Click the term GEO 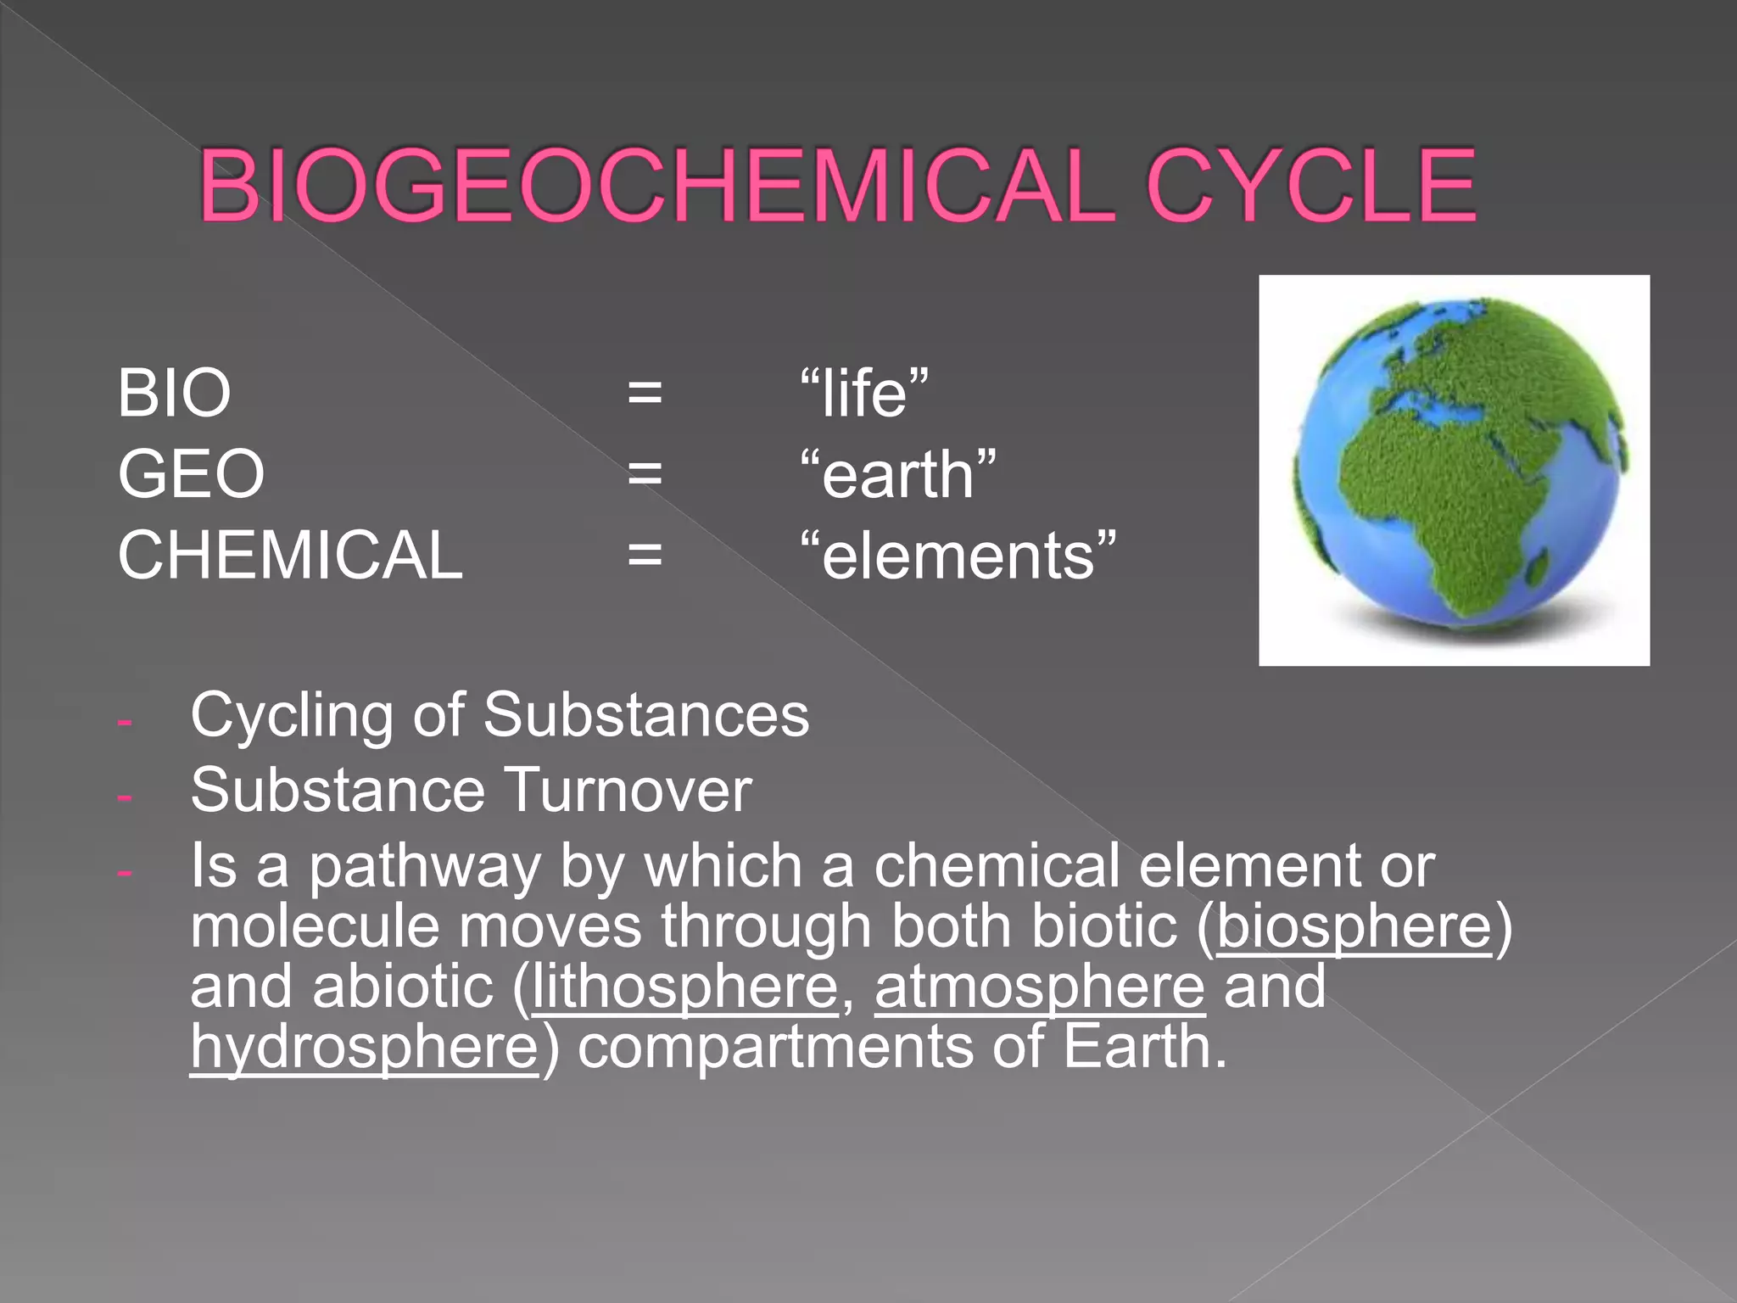click(191, 473)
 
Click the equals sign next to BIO click(645, 393)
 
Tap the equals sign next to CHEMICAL click(645, 555)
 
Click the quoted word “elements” click(958, 555)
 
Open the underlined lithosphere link click(685, 987)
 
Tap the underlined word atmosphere click(1039, 987)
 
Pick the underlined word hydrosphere click(364, 1047)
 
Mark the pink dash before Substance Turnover click(125, 797)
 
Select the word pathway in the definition click(424, 867)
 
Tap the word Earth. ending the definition click(1144, 1047)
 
